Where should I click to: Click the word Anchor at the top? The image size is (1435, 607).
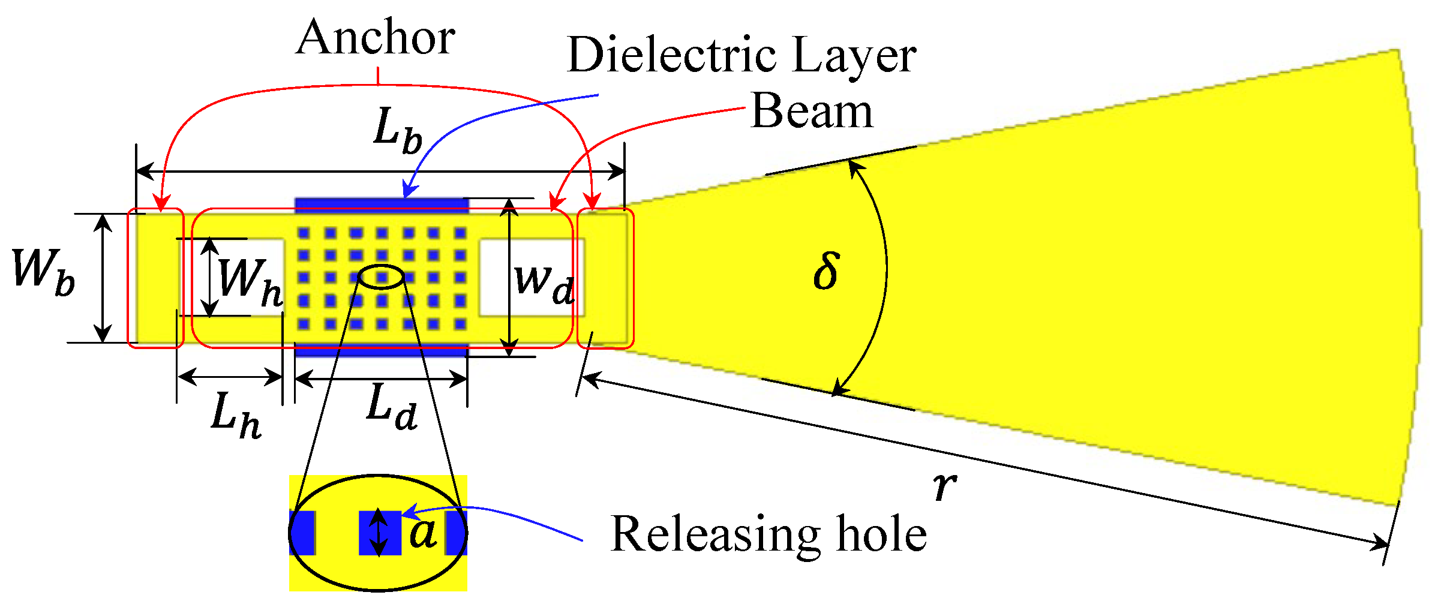[x=375, y=37]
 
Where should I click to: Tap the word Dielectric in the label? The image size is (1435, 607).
[x=672, y=55]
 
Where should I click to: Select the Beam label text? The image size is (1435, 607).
[x=811, y=112]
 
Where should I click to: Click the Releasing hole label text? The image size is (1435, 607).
[x=768, y=534]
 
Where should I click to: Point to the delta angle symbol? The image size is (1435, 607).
[x=826, y=271]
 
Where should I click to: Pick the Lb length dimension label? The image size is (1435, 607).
[x=397, y=130]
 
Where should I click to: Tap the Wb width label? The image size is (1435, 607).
[x=43, y=273]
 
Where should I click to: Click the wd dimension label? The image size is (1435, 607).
[x=544, y=283]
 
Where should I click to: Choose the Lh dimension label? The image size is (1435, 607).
[x=235, y=415]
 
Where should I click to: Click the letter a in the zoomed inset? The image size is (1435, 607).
[x=423, y=532]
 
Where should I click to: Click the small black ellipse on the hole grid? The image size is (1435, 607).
[x=381, y=277]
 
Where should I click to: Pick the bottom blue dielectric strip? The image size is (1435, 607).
[x=382, y=350]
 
